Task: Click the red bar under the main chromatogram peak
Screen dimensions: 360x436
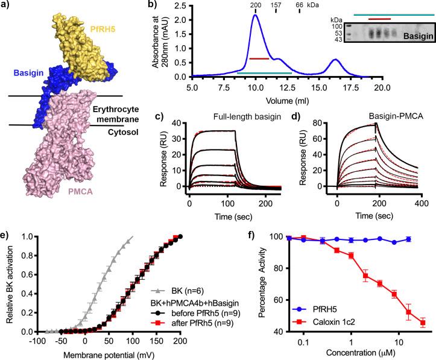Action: (x=258, y=58)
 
